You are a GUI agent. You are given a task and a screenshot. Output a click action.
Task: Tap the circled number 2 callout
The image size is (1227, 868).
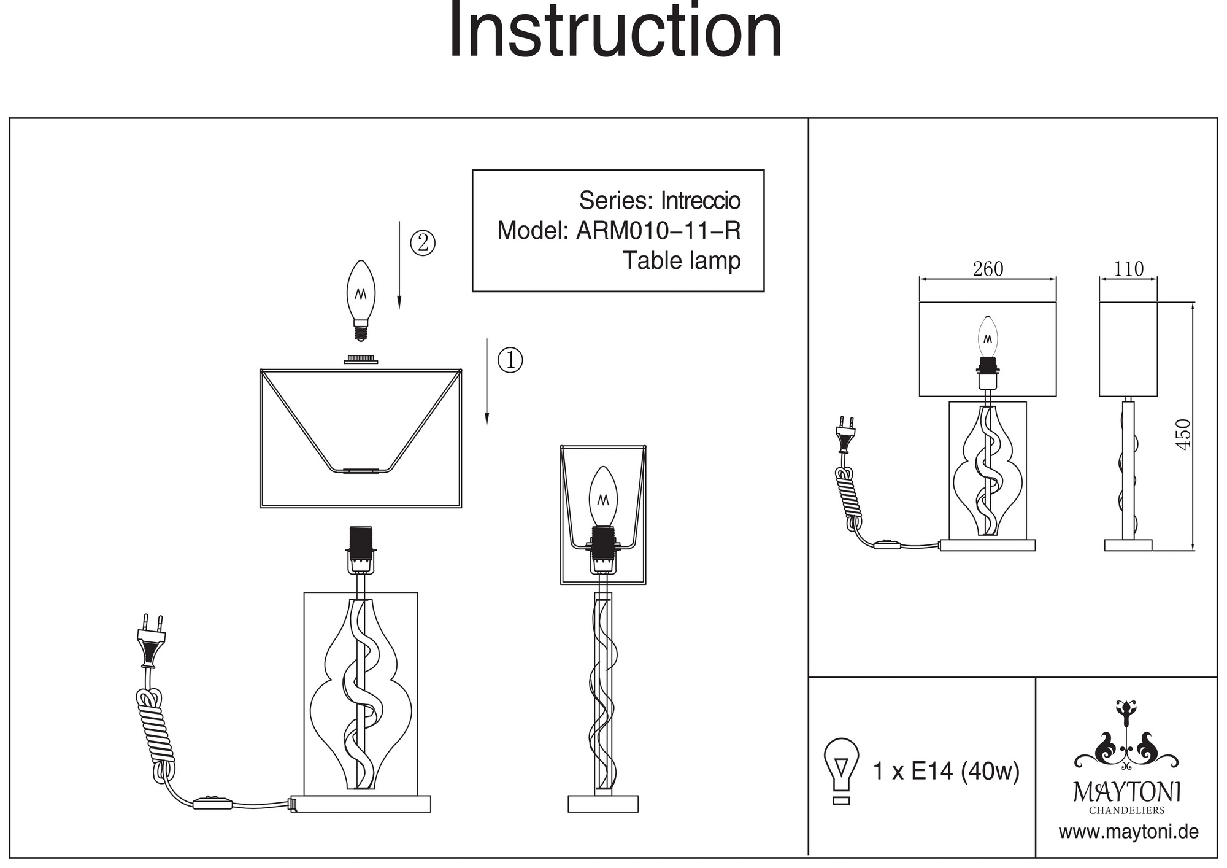click(423, 243)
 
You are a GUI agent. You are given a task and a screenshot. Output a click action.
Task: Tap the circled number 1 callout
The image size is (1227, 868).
click(510, 360)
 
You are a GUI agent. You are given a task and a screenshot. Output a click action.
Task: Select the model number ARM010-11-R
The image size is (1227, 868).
click(658, 231)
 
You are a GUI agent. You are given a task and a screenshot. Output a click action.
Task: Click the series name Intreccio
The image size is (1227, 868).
click(700, 201)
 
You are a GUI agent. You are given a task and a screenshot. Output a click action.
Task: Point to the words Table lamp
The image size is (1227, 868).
click(682, 261)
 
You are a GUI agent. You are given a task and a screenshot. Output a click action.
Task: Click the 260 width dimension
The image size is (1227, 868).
click(988, 269)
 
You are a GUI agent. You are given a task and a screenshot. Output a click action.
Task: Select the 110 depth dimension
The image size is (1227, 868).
click(1129, 269)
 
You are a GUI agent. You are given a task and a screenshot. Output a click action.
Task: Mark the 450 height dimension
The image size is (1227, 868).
click(1183, 433)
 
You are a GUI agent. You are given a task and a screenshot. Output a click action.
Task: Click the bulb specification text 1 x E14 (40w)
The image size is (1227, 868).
click(946, 771)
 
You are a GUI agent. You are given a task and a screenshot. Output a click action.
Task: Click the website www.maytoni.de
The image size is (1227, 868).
click(1128, 832)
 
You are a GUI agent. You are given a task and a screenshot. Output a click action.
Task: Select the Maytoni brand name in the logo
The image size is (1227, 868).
click(1127, 792)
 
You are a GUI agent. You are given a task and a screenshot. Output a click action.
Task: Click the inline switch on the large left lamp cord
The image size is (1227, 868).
click(212, 802)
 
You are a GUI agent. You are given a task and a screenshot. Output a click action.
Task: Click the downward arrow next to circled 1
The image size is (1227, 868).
click(487, 381)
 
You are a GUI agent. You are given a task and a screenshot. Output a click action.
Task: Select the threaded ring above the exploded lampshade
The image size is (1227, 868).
click(361, 359)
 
